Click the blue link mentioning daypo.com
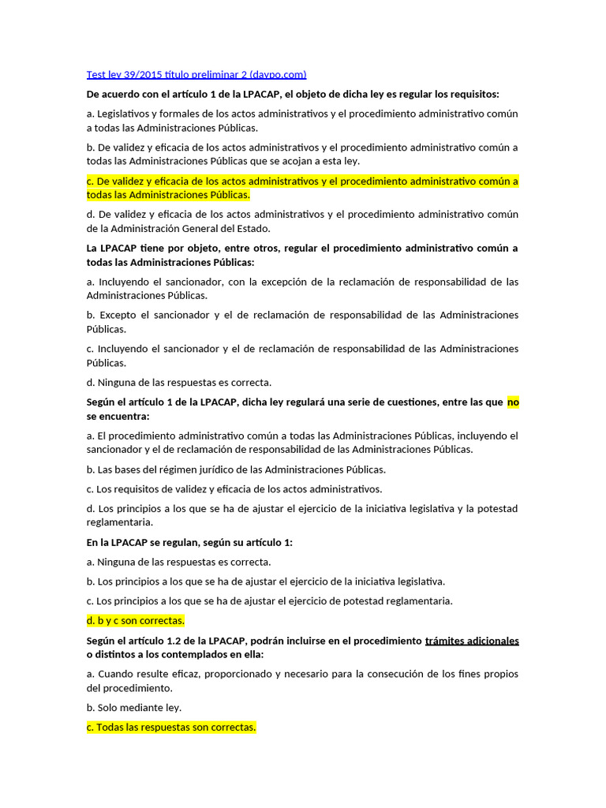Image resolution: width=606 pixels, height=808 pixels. [196, 74]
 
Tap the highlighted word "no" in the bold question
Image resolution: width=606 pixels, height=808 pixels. [513, 402]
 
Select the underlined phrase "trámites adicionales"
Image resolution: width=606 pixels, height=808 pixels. [472, 641]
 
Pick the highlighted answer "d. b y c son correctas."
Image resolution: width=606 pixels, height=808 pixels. [135, 620]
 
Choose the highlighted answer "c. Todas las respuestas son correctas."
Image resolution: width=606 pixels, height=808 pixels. [171, 727]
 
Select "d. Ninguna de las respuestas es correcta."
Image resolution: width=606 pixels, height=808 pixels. [179, 383]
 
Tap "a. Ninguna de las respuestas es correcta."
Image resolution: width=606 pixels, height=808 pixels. [178, 562]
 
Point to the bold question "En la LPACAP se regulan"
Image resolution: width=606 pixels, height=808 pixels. [189, 542]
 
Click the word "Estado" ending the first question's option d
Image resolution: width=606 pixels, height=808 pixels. [252, 229]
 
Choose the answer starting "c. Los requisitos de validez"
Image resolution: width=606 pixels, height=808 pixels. [234, 489]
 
